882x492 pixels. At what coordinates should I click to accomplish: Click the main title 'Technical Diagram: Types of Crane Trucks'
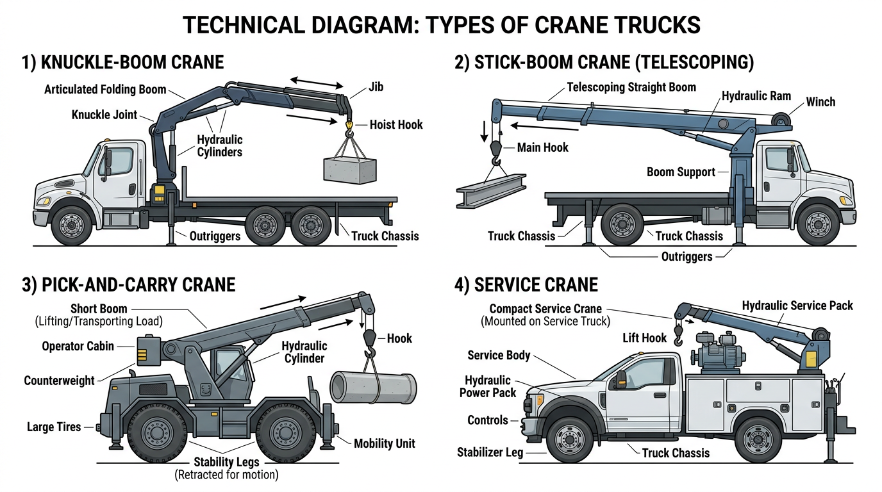441,24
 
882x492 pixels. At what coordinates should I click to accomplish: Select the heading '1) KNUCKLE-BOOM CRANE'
122,62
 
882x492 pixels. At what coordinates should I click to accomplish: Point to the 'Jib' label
376,86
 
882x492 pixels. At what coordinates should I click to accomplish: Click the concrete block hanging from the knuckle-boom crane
350,169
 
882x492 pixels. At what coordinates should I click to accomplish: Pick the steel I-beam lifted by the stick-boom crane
491,190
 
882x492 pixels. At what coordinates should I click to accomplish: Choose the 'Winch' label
820,102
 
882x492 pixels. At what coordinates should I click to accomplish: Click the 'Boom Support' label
681,172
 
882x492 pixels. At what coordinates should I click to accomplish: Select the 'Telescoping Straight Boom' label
631,86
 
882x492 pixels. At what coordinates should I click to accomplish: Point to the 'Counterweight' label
59,381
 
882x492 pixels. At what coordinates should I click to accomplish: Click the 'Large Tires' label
54,427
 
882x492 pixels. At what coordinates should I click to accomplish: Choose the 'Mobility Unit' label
385,443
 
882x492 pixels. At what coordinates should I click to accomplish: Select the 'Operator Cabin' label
78,346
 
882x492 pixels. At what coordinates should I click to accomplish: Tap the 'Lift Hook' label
644,338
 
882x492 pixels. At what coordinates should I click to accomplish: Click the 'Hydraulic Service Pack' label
797,306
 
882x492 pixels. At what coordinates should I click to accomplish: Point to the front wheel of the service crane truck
569,439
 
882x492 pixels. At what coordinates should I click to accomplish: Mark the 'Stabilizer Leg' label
490,452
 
